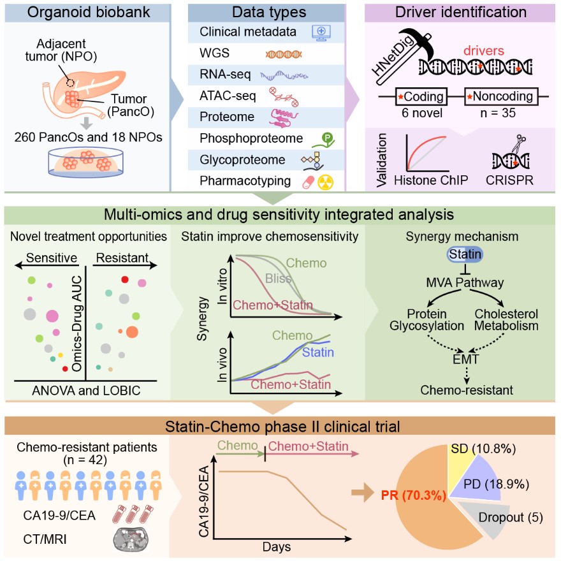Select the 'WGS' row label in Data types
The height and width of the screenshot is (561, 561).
214,53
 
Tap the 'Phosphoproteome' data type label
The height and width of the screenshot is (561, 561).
244,138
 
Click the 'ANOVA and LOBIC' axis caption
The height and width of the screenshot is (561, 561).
85,390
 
